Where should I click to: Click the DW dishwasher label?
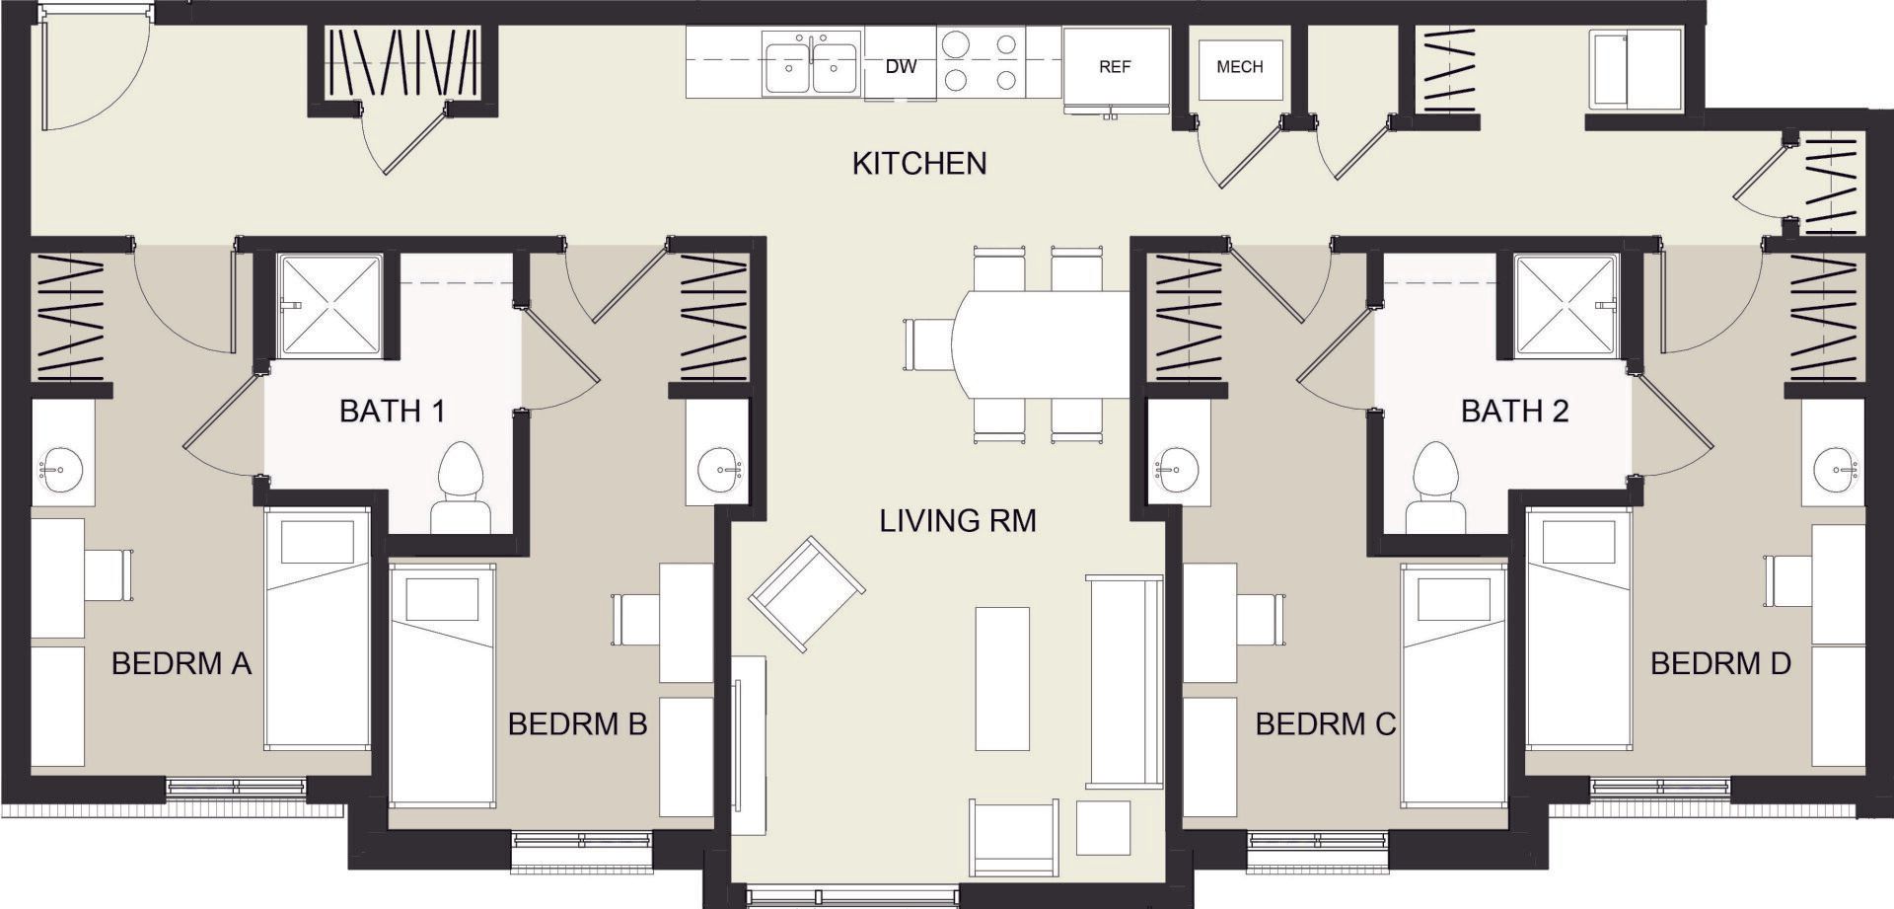901,67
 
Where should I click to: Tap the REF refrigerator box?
1115,67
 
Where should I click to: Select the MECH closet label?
1239,67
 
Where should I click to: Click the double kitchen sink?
811,67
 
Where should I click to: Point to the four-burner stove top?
977,60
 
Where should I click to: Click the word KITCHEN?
919,163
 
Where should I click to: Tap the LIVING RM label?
958,520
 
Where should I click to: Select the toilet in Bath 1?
461,489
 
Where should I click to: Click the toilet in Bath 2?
1435,489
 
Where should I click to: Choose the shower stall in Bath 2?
1566,304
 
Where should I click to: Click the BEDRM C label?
1325,724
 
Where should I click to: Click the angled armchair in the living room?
806,594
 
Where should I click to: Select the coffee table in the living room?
1002,678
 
